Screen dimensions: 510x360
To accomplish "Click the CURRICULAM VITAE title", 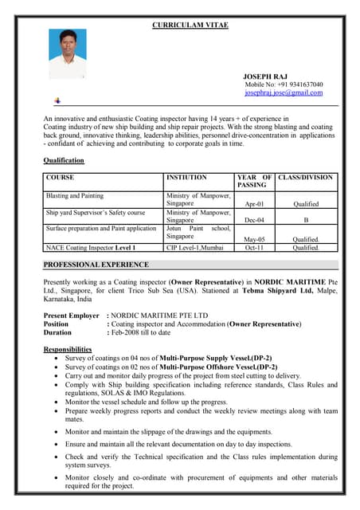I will coord(190,25).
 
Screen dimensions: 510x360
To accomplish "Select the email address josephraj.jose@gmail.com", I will coord(284,92).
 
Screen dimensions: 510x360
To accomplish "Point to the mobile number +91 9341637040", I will coord(284,84).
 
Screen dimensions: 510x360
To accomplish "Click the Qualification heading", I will coord(63,161).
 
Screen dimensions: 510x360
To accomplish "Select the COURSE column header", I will coord(61,178).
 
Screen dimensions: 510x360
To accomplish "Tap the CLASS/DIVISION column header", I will coord(307,178).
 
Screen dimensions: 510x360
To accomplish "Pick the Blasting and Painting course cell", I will coord(75,195).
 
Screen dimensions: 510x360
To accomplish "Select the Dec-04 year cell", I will coord(255,221).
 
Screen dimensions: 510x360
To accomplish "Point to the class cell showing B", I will coord(306,221).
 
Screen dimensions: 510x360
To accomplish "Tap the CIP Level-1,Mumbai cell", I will coord(195,248).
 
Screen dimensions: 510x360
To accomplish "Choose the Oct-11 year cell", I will coord(255,248).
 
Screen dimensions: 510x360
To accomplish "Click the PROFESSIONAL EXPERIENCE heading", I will coord(96,265).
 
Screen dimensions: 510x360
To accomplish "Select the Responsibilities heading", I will coord(67,350).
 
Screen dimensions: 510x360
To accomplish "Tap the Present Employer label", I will coord(72,316).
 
